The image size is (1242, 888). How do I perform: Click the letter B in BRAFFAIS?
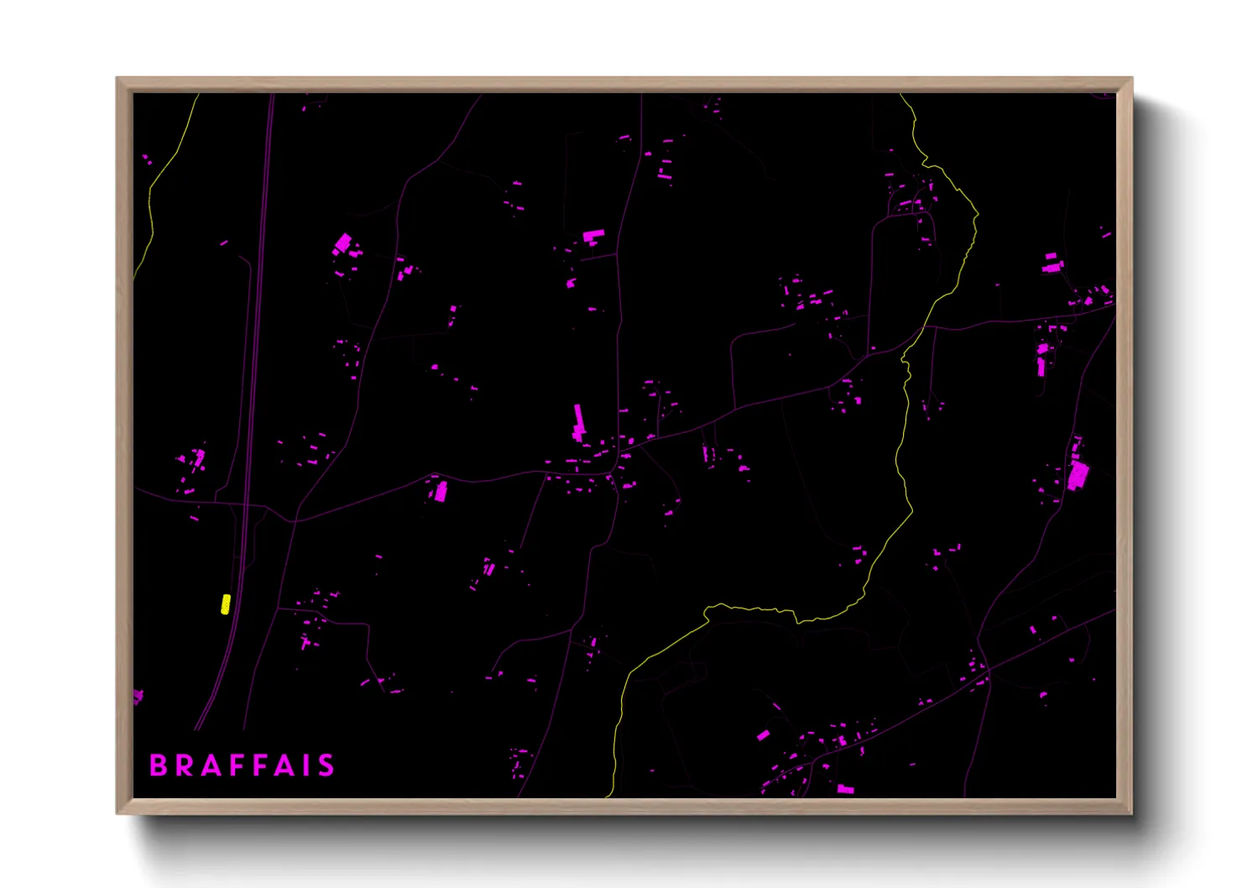pyautogui.click(x=158, y=765)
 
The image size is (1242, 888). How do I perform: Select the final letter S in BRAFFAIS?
pyautogui.click(x=326, y=765)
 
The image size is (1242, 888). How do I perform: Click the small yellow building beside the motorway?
pyautogui.click(x=225, y=604)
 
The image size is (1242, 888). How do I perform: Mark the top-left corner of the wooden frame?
pyautogui.click(x=117, y=78)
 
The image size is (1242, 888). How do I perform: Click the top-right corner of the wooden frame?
pyautogui.click(x=1131, y=78)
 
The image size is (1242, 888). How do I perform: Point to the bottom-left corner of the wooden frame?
pyautogui.click(x=117, y=812)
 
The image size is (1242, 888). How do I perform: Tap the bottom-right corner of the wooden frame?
pyautogui.click(x=1131, y=812)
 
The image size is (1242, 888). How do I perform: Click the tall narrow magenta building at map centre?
pyautogui.click(x=578, y=422)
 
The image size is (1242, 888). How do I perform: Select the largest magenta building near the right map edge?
pyautogui.click(x=1078, y=476)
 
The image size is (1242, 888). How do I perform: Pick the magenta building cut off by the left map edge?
pyautogui.click(x=137, y=697)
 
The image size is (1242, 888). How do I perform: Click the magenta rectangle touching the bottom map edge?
pyautogui.click(x=846, y=790)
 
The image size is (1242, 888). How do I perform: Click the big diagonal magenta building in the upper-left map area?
pyautogui.click(x=342, y=243)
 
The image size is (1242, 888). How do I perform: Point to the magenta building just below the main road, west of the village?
pyautogui.click(x=440, y=492)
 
